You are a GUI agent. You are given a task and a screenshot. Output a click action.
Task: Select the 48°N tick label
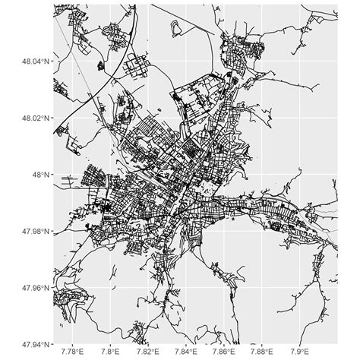(x=39, y=175)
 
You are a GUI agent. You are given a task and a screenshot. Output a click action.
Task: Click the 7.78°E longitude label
(x=73, y=352)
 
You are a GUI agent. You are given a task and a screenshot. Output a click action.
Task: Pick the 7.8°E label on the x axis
(x=111, y=352)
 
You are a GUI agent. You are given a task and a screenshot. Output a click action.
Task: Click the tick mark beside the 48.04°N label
(x=52, y=62)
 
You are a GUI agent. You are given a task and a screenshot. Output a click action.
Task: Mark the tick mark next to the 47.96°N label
(x=52, y=287)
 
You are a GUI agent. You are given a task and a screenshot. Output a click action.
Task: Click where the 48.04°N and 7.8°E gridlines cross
(x=111, y=62)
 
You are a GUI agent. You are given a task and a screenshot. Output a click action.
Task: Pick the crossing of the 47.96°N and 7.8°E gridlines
(x=111, y=287)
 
